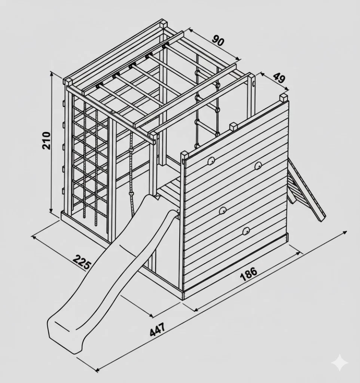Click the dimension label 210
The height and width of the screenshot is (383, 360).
pyautogui.click(x=46, y=141)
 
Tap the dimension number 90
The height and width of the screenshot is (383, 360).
pyautogui.click(x=217, y=40)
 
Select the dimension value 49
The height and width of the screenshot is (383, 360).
pyautogui.click(x=279, y=78)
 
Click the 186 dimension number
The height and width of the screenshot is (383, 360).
pyautogui.click(x=248, y=274)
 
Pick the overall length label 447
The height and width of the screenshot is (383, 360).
pyautogui.click(x=157, y=329)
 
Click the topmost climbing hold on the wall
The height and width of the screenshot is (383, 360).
pyautogui.click(x=211, y=161)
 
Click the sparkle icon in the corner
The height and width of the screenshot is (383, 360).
pyautogui.click(x=340, y=363)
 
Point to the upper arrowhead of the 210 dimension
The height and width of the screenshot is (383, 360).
pyautogui.click(x=51, y=73)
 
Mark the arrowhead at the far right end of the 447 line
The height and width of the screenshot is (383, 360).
pyautogui.click(x=345, y=232)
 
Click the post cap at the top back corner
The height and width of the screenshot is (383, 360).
pyautogui.click(x=164, y=25)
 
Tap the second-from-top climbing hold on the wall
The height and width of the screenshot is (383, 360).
pyautogui.click(x=258, y=166)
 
